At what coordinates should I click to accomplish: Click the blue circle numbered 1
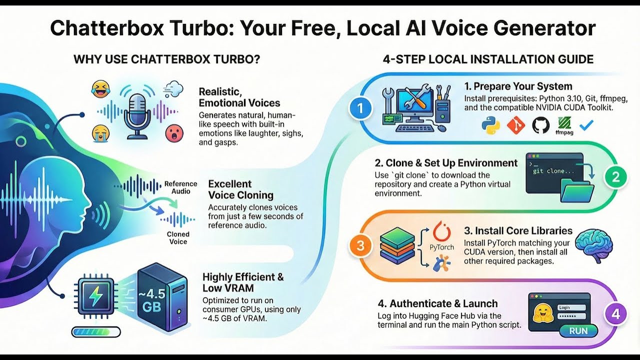pyautogui.click(x=360, y=108)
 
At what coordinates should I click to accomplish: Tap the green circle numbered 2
pyautogui.click(x=615, y=177)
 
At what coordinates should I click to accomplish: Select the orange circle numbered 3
pyautogui.click(x=360, y=245)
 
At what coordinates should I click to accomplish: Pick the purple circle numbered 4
pyautogui.click(x=615, y=314)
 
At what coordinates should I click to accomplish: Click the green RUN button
pyautogui.click(x=578, y=331)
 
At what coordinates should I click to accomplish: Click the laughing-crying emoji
pyautogui.click(x=100, y=89)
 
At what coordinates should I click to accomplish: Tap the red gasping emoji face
pyautogui.click(x=174, y=133)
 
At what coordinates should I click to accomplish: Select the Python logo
pyautogui.click(x=491, y=125)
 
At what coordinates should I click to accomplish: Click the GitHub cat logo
pyautogui.click(x=541, y=125)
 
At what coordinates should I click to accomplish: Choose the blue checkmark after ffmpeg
pyautogui.click(x=586, y=125)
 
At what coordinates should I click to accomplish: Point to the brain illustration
pyautogui.click(x=593, y=245)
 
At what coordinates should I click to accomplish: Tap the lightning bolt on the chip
pyautogui.click(x=94, y=296)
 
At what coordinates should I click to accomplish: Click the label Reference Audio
pyautogui.click(x=181, y=187)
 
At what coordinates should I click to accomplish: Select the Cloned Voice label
pyautogui.click(x=178, y=237)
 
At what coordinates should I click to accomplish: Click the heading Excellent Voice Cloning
pyautogui.click(x=241, y=189)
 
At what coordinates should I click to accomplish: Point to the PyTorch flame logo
pyautogui.click(x=441, y=231)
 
